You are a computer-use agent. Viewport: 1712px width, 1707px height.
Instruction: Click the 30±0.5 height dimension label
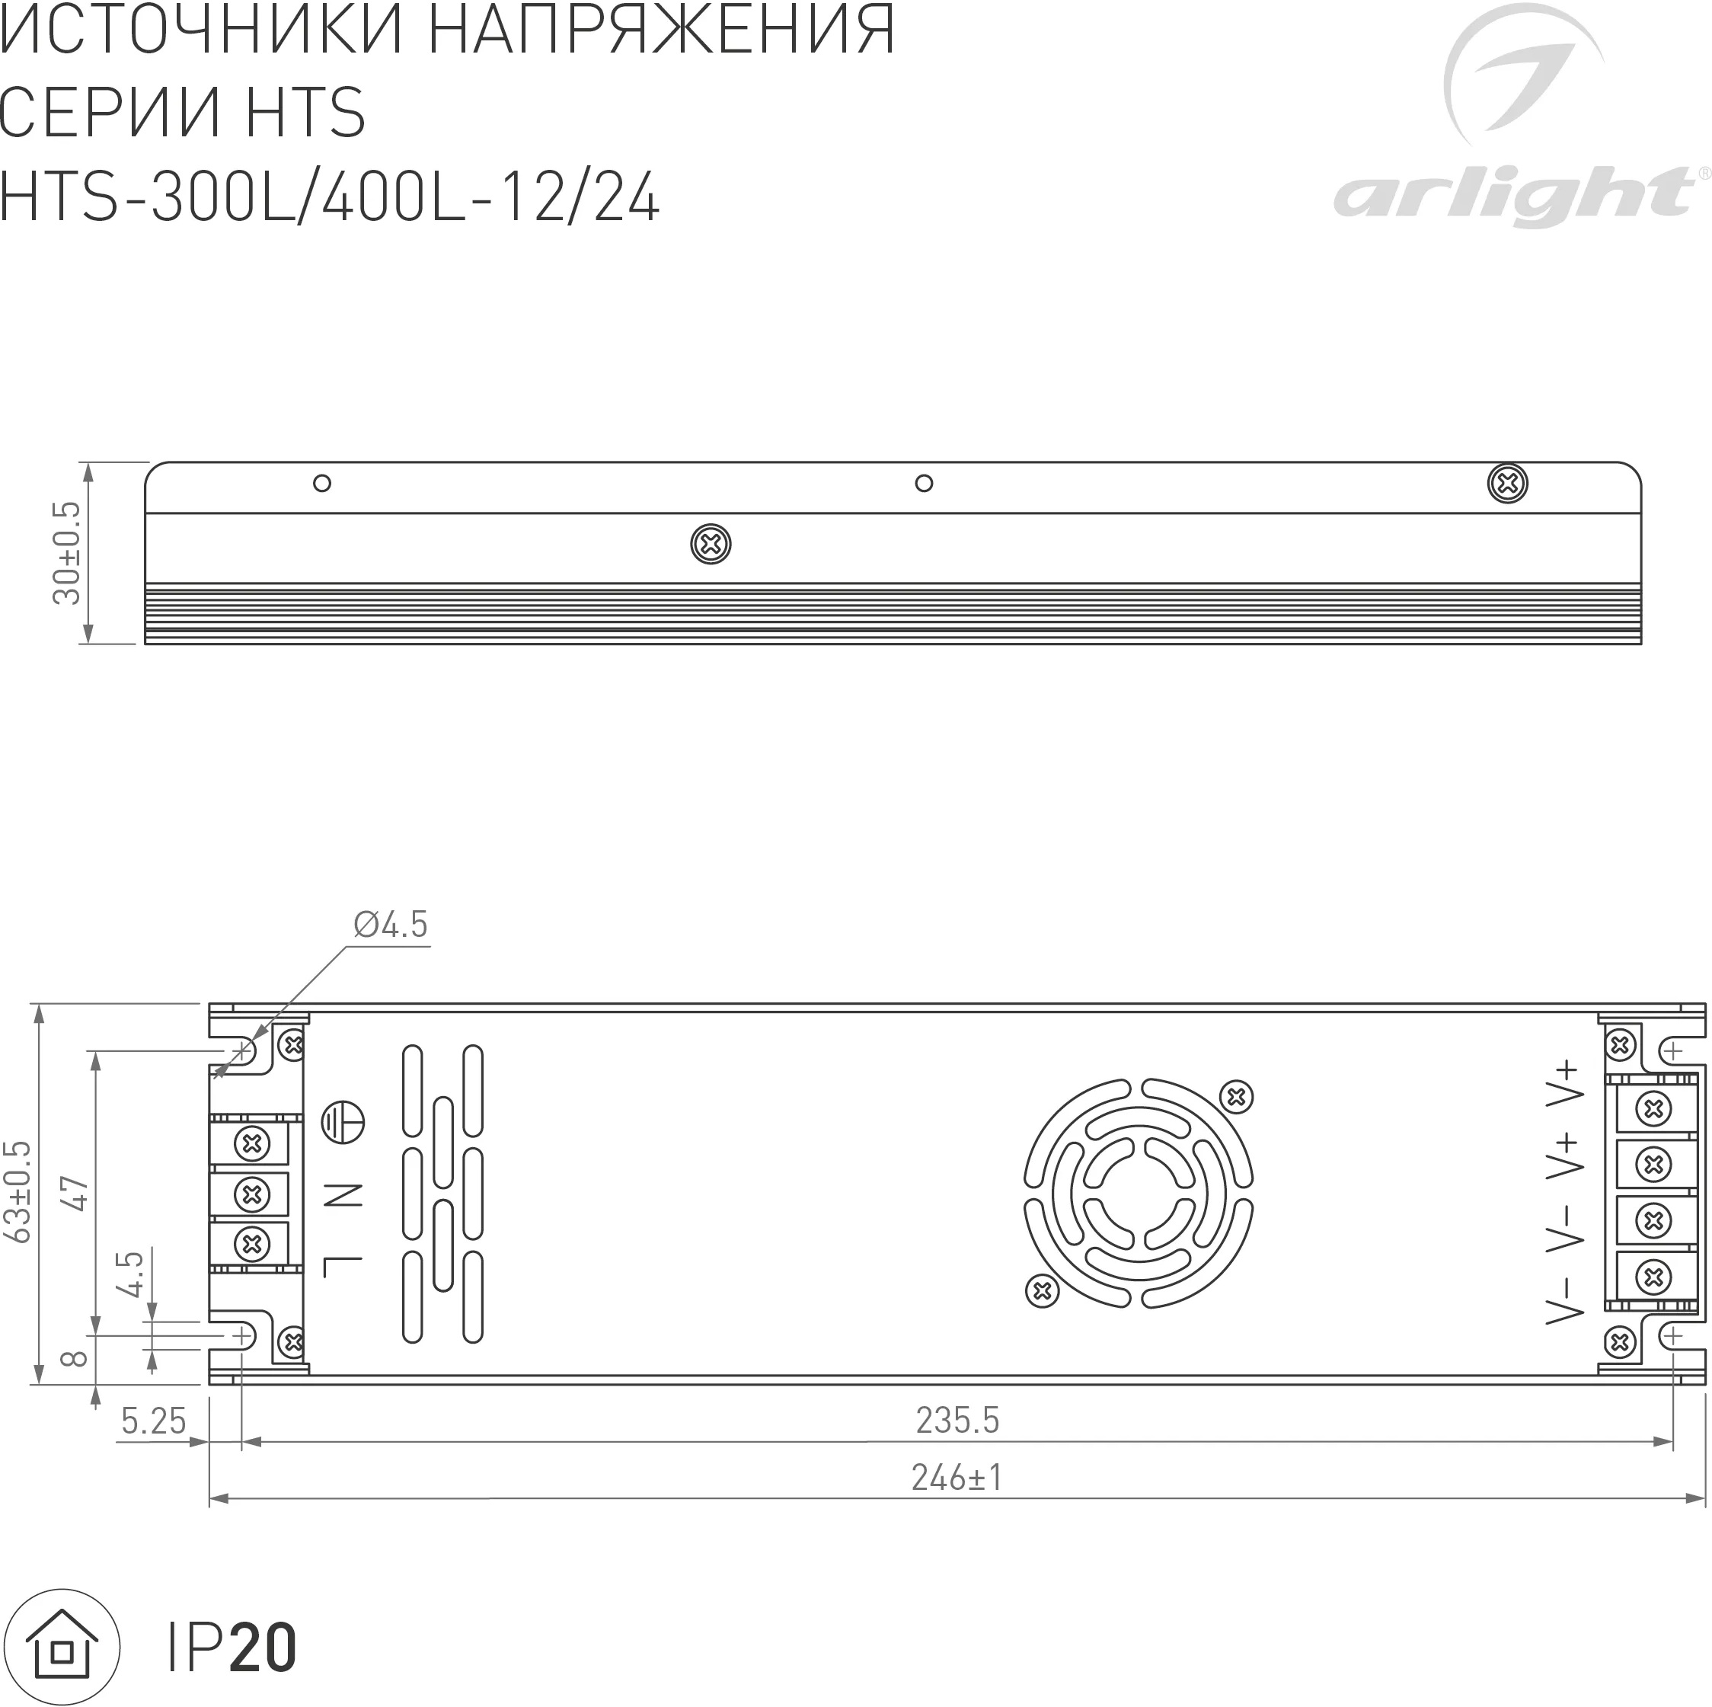tap(67, 553)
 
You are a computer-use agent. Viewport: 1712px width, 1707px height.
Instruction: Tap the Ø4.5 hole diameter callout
tap(390, 925)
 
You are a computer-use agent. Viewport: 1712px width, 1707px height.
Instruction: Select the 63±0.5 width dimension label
tap(18, 1192)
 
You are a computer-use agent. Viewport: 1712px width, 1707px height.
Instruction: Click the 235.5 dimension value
tap(957, 1420)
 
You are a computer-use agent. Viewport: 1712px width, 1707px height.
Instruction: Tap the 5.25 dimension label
tap(153, 1421)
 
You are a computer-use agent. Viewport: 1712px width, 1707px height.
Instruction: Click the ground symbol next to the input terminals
tap(343, 1123)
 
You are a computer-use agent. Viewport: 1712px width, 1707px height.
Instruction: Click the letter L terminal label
tap(343, 1267)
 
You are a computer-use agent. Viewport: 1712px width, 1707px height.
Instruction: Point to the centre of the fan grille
tap(1139, 1193)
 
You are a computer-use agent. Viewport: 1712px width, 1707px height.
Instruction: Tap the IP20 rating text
tap(232, 1648)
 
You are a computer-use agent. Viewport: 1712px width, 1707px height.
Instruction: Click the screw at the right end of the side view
tap(1506, 483)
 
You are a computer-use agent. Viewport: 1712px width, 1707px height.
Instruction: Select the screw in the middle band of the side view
tap(711, 544)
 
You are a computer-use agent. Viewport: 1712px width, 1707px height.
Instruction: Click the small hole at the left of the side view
tap(323, 483)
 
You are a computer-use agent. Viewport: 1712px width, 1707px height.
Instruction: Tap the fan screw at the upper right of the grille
tap(1236, 1097)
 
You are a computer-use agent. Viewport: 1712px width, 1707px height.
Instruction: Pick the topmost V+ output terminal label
tap(1564, 1084)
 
